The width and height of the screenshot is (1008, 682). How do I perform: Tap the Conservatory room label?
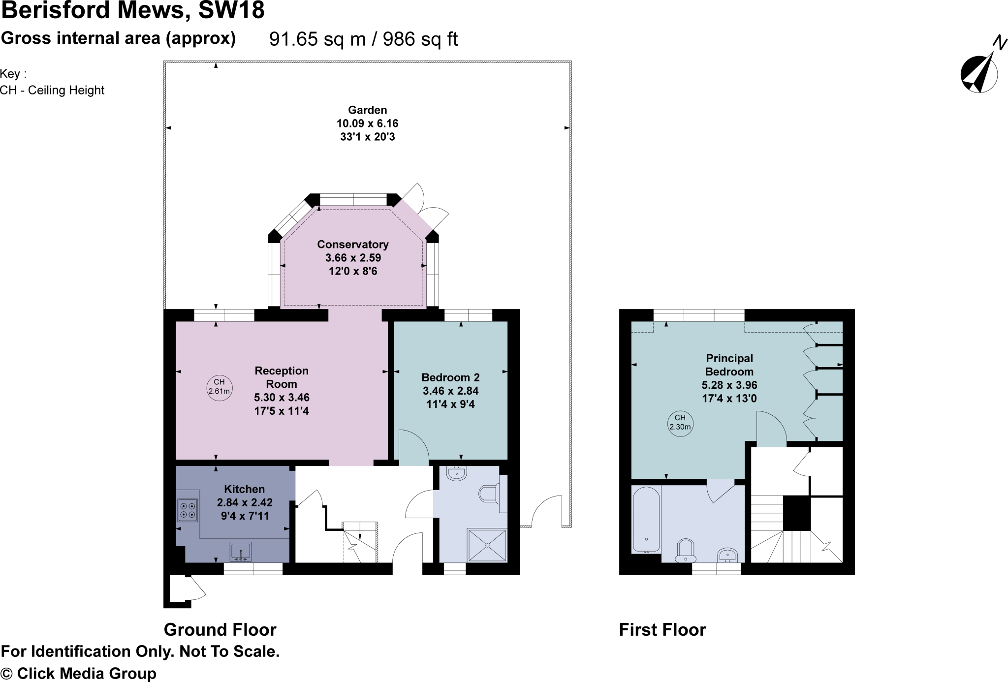[352, 245]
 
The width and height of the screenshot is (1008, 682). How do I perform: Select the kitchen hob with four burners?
[188, 510]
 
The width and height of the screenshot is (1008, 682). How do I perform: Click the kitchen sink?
[241, 552]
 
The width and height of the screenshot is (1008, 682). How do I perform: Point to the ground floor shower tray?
[487, 545]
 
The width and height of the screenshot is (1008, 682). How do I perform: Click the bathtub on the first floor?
[646, 520]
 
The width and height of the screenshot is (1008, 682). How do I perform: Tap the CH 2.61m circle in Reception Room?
[219, 387]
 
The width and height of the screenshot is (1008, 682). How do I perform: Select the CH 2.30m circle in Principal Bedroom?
[680, 422]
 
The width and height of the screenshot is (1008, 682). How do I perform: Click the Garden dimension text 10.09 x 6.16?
[367, 124]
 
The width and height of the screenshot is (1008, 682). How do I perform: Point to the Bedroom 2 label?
[450, 377]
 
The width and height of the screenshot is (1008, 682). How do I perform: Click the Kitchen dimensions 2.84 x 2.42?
[245, 502]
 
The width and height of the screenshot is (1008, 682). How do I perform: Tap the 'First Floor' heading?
[662, 630]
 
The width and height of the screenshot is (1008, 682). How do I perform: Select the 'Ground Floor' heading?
[220, 630]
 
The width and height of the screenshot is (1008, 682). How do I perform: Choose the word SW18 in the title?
[231, 10]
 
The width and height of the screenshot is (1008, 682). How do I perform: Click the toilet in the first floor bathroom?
[686, 551]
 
